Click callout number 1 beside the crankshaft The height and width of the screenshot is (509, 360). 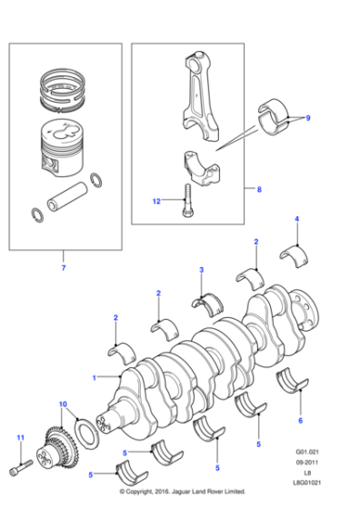point(93,376)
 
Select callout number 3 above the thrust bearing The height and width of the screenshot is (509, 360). point(202,270)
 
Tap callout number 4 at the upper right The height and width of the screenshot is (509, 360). point(295,220)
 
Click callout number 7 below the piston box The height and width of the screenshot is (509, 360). point(63,268)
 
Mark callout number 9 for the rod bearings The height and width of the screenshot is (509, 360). point(307,118)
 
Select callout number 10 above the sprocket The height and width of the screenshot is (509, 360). point(63,403)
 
